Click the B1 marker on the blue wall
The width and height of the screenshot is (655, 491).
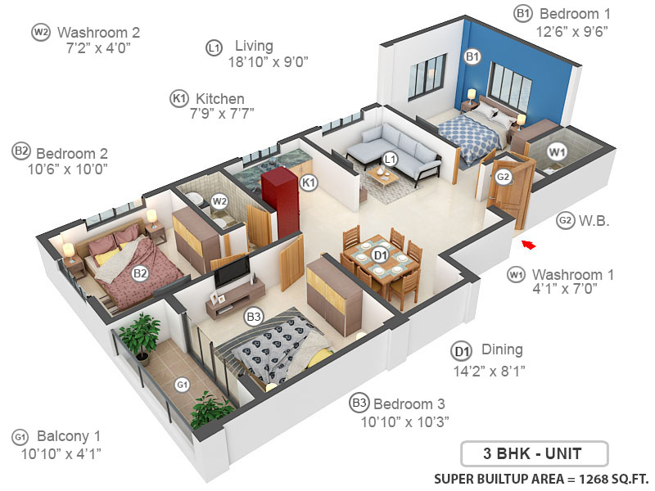point(472,56)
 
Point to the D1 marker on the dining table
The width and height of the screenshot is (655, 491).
point(380,255)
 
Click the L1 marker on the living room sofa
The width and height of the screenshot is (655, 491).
point(391,159)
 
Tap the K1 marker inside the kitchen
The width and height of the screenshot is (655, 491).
point(309,182)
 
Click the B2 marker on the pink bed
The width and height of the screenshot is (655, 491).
point(140,273)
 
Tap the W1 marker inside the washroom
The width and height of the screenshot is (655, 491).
point(557,151)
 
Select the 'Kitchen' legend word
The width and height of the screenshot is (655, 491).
point(219,99)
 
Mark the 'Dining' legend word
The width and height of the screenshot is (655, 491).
point(501,349)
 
